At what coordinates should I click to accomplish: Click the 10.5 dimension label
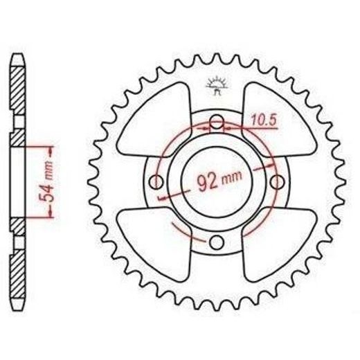pos(264,120)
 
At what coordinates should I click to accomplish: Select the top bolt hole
pos(217,123)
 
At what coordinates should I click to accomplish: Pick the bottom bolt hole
pos(217,242)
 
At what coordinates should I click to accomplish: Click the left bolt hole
pos(156,182)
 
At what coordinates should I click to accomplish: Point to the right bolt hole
pos(276,182)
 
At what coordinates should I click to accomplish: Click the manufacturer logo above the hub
pos(217,85)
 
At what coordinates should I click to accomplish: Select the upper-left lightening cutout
pos(154,120)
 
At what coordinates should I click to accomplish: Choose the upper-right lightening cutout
pos(279,120)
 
